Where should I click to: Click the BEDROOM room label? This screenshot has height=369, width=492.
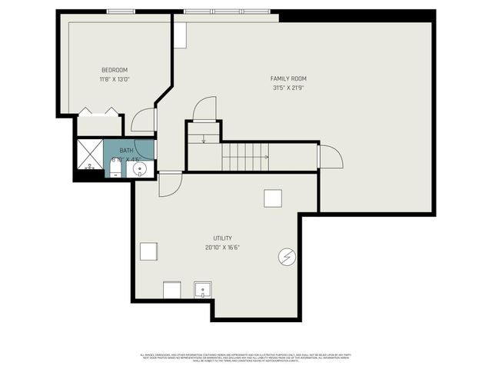(114, 70)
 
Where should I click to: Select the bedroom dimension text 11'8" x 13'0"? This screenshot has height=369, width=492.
(114, 78)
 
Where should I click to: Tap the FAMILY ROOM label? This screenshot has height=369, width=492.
(288, 78)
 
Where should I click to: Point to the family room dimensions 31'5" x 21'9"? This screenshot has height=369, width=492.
(288, 88)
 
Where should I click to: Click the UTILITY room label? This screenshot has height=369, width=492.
(222, 238)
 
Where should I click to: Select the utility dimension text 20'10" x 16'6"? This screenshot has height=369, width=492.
(222, 248)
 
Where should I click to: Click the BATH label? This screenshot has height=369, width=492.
(125, 151)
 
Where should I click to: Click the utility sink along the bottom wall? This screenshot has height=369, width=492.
(203, 291)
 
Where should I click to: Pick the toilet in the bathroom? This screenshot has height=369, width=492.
(115, 168)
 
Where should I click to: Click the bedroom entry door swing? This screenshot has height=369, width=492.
(144, 121)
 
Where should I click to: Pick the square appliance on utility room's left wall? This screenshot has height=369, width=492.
(148, 251)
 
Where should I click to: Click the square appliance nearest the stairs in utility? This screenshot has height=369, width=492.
(273, 198)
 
